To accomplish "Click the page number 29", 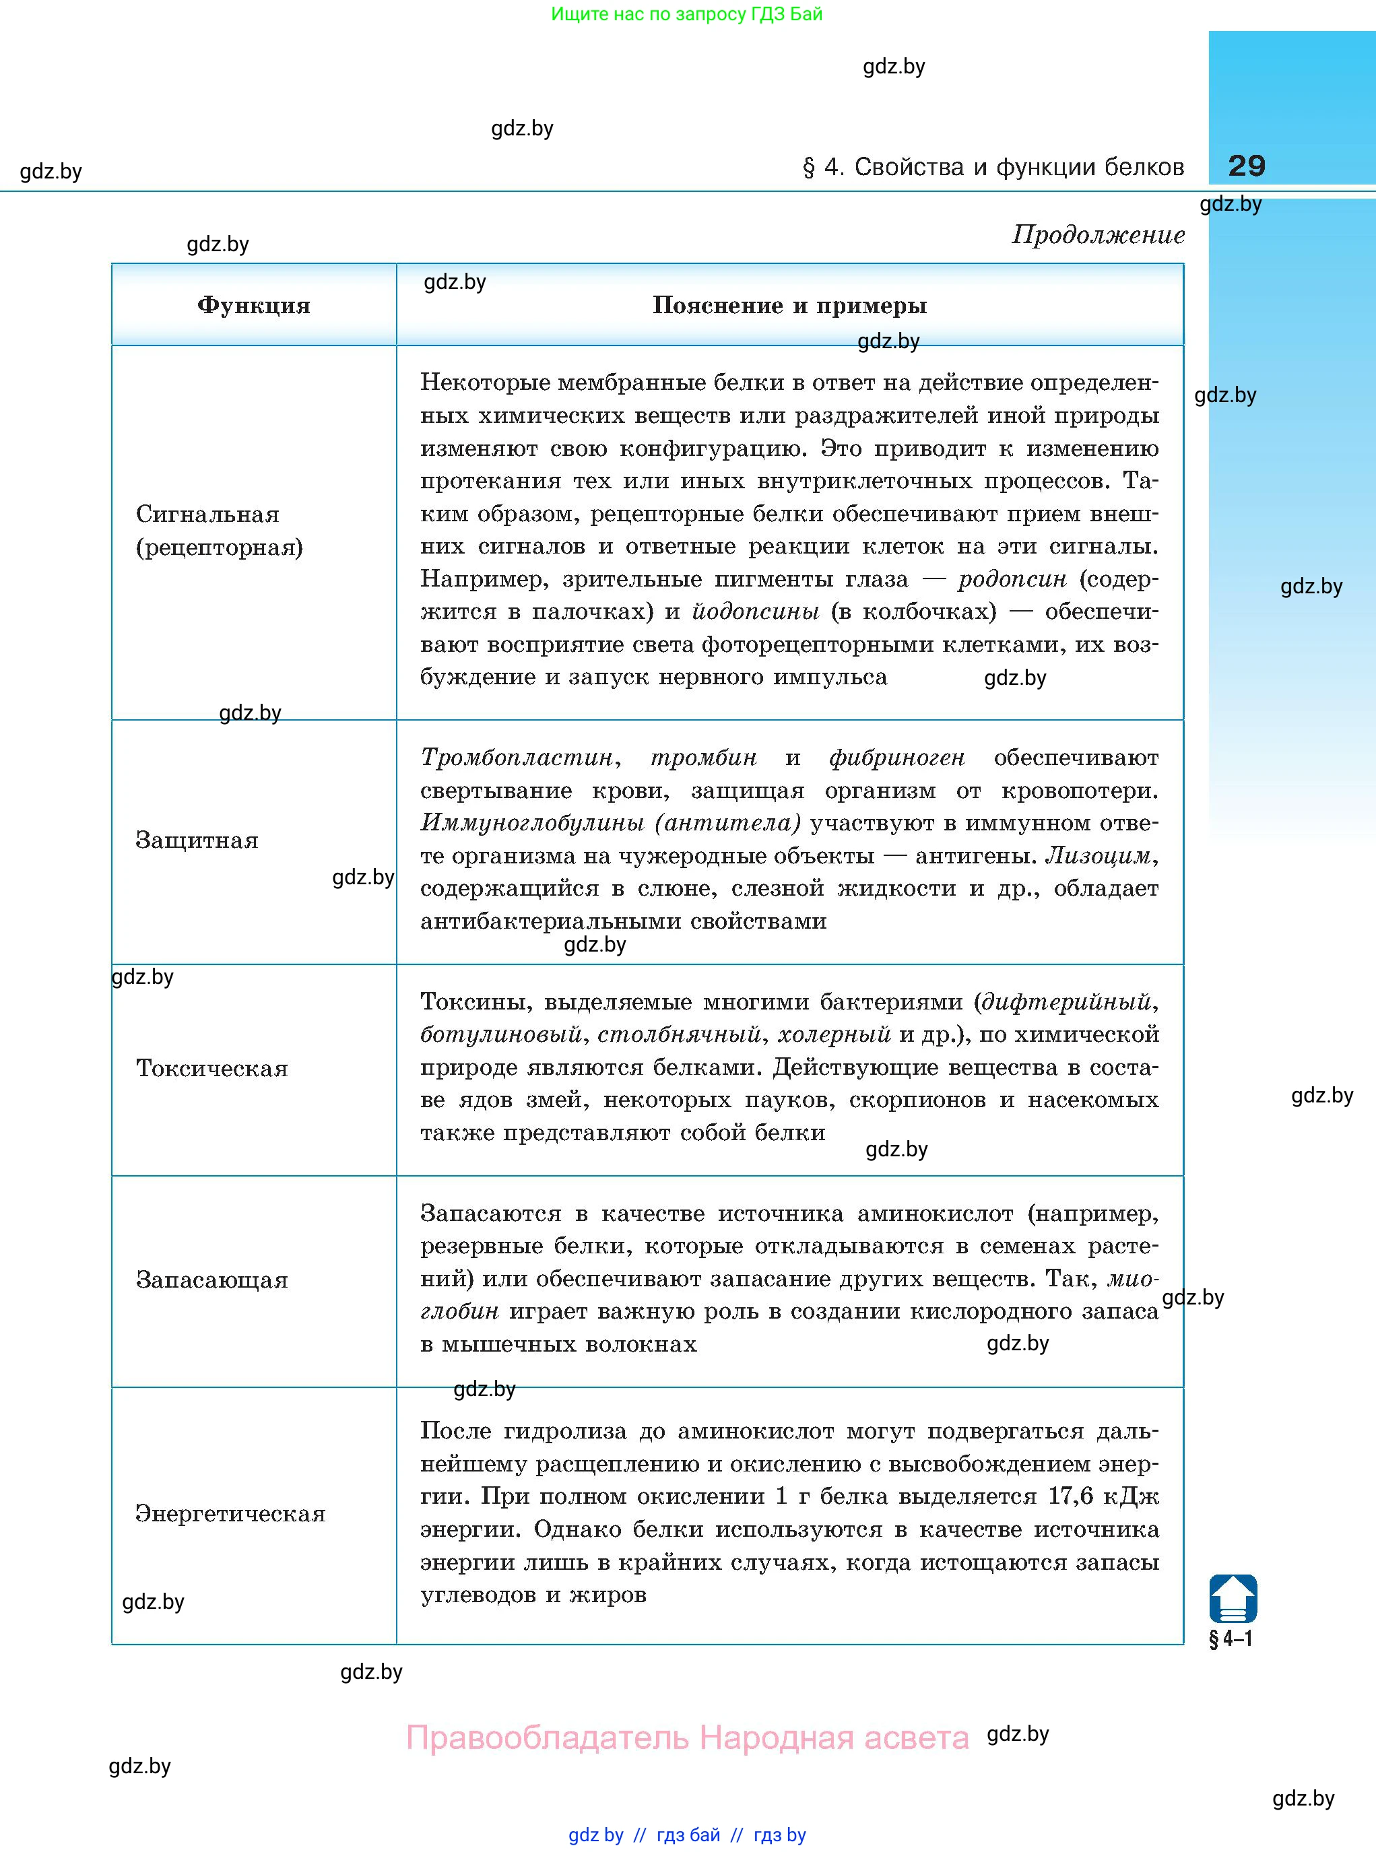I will [1246, 166].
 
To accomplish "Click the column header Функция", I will [253, 306].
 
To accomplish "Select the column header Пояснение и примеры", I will [789, 306].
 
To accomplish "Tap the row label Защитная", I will [197, 840].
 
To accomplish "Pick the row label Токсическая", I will [211, 1068].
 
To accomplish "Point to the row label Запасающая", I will [211, 1280].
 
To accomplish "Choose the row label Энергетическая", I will [230, 1513].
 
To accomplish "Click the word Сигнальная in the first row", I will [207, 515].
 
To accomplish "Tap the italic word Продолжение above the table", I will [1098, 236].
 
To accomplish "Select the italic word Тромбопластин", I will [517, 758].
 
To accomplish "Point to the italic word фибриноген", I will [896, 758].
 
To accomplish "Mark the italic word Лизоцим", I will [1099, 856].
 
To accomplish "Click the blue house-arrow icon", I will [1233, 1598].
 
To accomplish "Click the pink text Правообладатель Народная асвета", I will [687, 1739].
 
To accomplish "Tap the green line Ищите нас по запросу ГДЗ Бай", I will [686, 14].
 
